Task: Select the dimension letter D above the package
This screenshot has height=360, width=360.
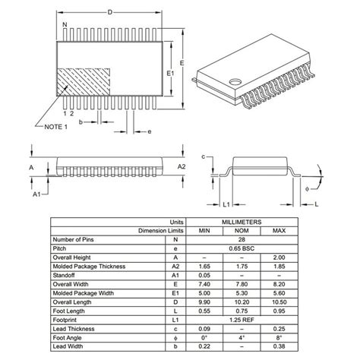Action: tap(109, 11)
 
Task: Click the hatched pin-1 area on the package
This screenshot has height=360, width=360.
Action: tap(85, 81)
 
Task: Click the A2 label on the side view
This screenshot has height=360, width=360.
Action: tap(182, 166)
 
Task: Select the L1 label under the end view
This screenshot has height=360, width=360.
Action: tap(226, 204)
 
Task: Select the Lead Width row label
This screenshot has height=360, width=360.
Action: tap(70, 346)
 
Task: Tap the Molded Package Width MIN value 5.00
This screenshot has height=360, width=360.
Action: tap(204, 292)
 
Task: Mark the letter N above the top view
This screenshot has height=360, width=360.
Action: tap(65, 26)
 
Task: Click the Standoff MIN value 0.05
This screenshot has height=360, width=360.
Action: tap(204, 275)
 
